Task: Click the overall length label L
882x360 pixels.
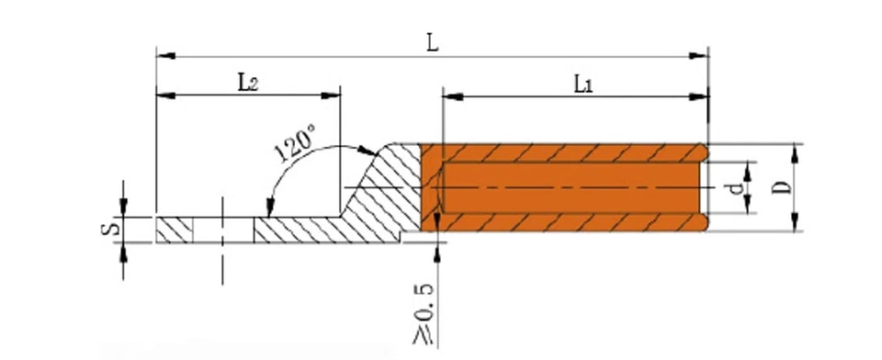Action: coord(432,43)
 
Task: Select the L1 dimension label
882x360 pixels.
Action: coord(583,84)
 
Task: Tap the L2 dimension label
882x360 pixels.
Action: coord(247,83)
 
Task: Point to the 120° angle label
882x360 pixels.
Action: coord(295,143)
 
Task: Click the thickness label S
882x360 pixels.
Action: coord(110,229)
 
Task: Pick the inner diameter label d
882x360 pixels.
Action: coord(736,188)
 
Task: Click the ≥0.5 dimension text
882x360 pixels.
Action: coord(424,314)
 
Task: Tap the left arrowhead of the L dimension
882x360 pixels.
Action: coord(166,56)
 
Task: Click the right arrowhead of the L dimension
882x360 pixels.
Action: coord(698,56)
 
